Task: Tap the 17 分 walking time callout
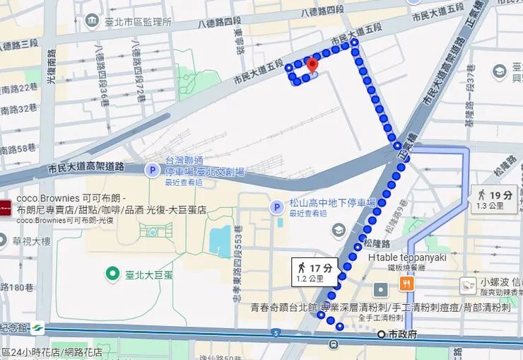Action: [x=315, y=272]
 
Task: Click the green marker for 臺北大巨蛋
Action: [x=111, y=273]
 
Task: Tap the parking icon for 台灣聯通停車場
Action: [x=152, y=170]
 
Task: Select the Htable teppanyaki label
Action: [x=407, y=257]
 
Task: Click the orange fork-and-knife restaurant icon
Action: [x=406, y=284]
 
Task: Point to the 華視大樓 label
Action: [x=31, y=240]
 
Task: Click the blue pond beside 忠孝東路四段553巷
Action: [x=221, y=241]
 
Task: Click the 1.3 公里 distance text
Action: [x=490, y=206]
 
